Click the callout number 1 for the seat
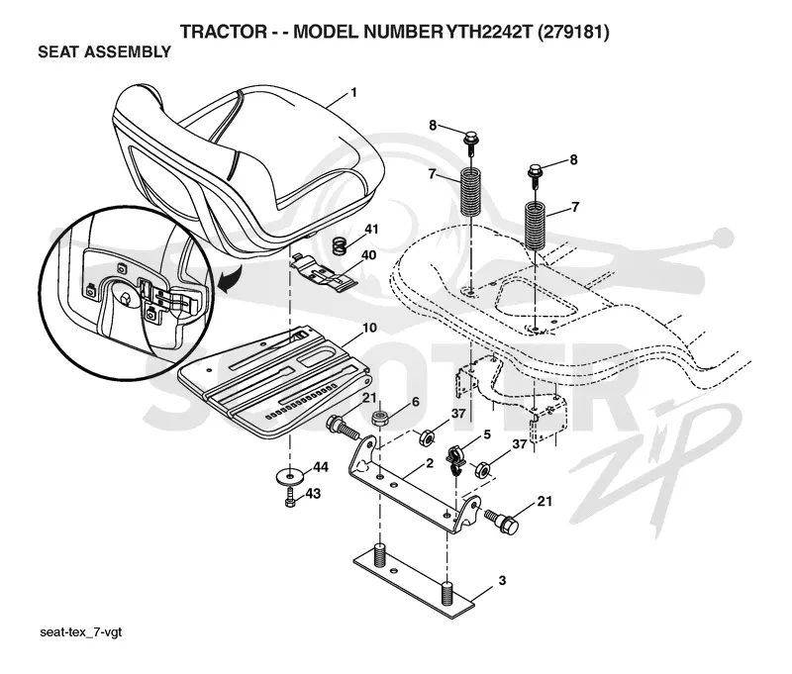(353, 93)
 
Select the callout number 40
(369, 255)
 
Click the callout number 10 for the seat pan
(369, 328)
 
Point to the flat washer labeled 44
(289, 475)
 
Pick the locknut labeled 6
(379, 419)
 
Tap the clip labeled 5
(456, 460)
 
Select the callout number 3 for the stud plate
(502, 581)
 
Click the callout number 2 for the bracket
(430, 463)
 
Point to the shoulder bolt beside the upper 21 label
(343, 428)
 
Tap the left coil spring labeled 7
(470, 193)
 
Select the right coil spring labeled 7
(536, 224)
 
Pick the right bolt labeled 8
(536, 174)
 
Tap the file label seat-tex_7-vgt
(81, 633)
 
